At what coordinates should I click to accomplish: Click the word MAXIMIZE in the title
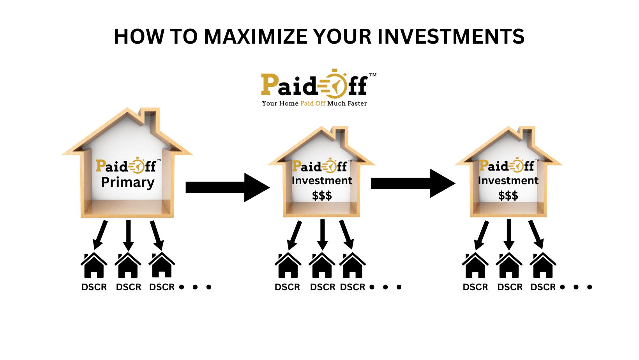(x=256, y=37)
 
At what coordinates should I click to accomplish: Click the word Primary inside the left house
(x=128, y=183)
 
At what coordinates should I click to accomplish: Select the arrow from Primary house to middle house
(x=228, y=187)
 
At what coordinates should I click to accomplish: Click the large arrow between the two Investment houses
(x=413, y=184)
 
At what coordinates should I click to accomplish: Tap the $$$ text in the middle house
(x=322, y=196)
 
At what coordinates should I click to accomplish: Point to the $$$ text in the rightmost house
(x=508, y=196)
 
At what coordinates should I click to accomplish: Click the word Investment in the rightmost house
(x=508, y=180)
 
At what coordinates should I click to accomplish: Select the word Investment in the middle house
(x=322, y=180)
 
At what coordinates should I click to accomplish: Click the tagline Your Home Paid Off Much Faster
(x=314, y=103)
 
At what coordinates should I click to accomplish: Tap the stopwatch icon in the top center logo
(x=334, y=84)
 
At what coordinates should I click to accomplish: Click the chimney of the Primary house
(x=149, y=120)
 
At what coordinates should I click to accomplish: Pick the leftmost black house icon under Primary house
(x=94, y=265)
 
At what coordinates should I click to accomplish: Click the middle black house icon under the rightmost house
(x=509, y=265)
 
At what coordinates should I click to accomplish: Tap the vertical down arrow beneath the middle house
(x=322, y=235)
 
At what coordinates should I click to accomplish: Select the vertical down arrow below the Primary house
(x=128, y=236)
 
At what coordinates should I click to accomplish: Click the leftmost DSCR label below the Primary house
(x=94, y=287)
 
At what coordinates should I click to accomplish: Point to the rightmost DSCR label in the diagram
(x=543, y=287)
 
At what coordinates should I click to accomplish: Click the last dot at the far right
(x=590, y=287)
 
